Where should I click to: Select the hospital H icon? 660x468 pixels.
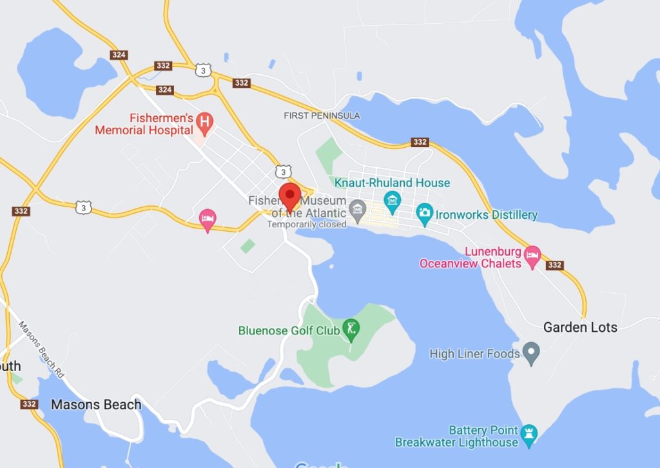pos(204,120)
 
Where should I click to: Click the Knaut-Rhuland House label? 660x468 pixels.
pos(392,183)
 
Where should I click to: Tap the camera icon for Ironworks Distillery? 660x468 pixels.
pos(424,214)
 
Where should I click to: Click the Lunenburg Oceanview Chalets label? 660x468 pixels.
pos(470,257)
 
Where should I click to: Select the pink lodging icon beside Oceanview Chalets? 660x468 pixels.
pos(532,256)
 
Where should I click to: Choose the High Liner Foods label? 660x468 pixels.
pos(474,354)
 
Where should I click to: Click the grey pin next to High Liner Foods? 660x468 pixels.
pos(531,352)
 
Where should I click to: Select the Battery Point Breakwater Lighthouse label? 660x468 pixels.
pos(456,436)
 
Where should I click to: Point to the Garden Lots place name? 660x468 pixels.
pos(580,327)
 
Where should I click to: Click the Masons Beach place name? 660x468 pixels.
pos(96,405)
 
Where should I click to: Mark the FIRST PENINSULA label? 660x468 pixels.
pos(322,116)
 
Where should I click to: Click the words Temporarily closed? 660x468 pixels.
pos(307,225)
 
